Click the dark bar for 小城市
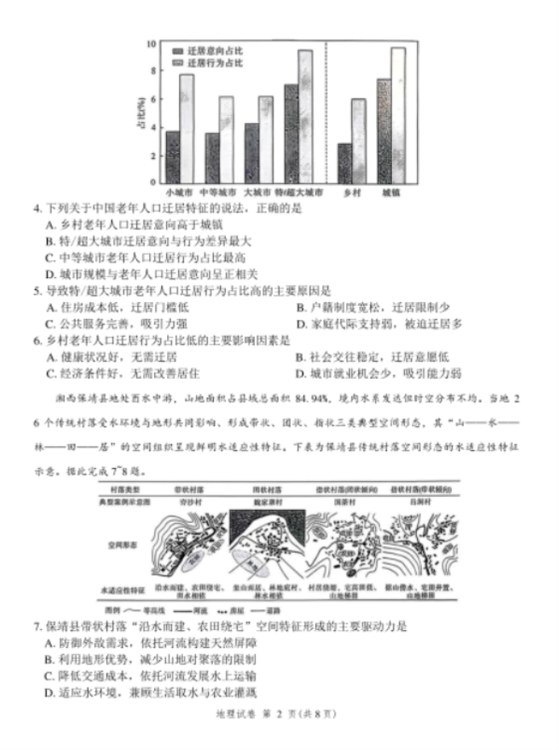[172, 156]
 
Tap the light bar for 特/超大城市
[305, 117]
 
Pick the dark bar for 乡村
[344, 163]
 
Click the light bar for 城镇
[398, 115]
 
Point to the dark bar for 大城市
[252, 152]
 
